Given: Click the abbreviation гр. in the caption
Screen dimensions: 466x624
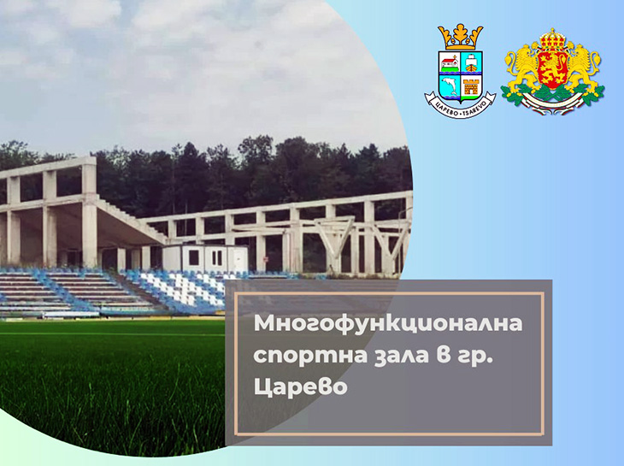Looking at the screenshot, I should (466, 358).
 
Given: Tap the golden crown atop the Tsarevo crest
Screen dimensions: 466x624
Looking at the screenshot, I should (460, 37).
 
